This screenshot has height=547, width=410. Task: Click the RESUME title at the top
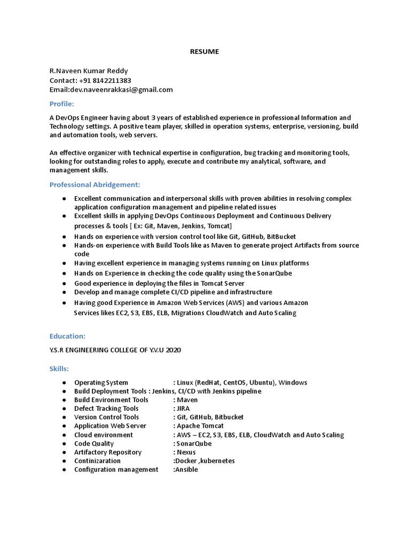tap(205, 52)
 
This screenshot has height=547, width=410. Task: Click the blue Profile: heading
tap(62, 103)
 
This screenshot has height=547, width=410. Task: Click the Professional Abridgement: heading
tap(94, 184)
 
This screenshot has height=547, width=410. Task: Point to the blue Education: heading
tap(67, 336)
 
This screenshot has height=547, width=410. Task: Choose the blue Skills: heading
tap(59, 369)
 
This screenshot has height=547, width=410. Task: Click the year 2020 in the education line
tap(173, 350)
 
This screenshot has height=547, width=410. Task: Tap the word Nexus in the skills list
tap(186, 452)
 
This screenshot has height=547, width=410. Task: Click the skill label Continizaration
tap(97, 460)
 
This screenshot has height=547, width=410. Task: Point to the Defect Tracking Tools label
tap(106, 409)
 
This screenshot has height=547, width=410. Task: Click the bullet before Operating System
tap(64, 382)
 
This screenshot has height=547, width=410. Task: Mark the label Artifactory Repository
tap(108, 452)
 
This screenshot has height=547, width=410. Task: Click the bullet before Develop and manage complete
tap(64, 292)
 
